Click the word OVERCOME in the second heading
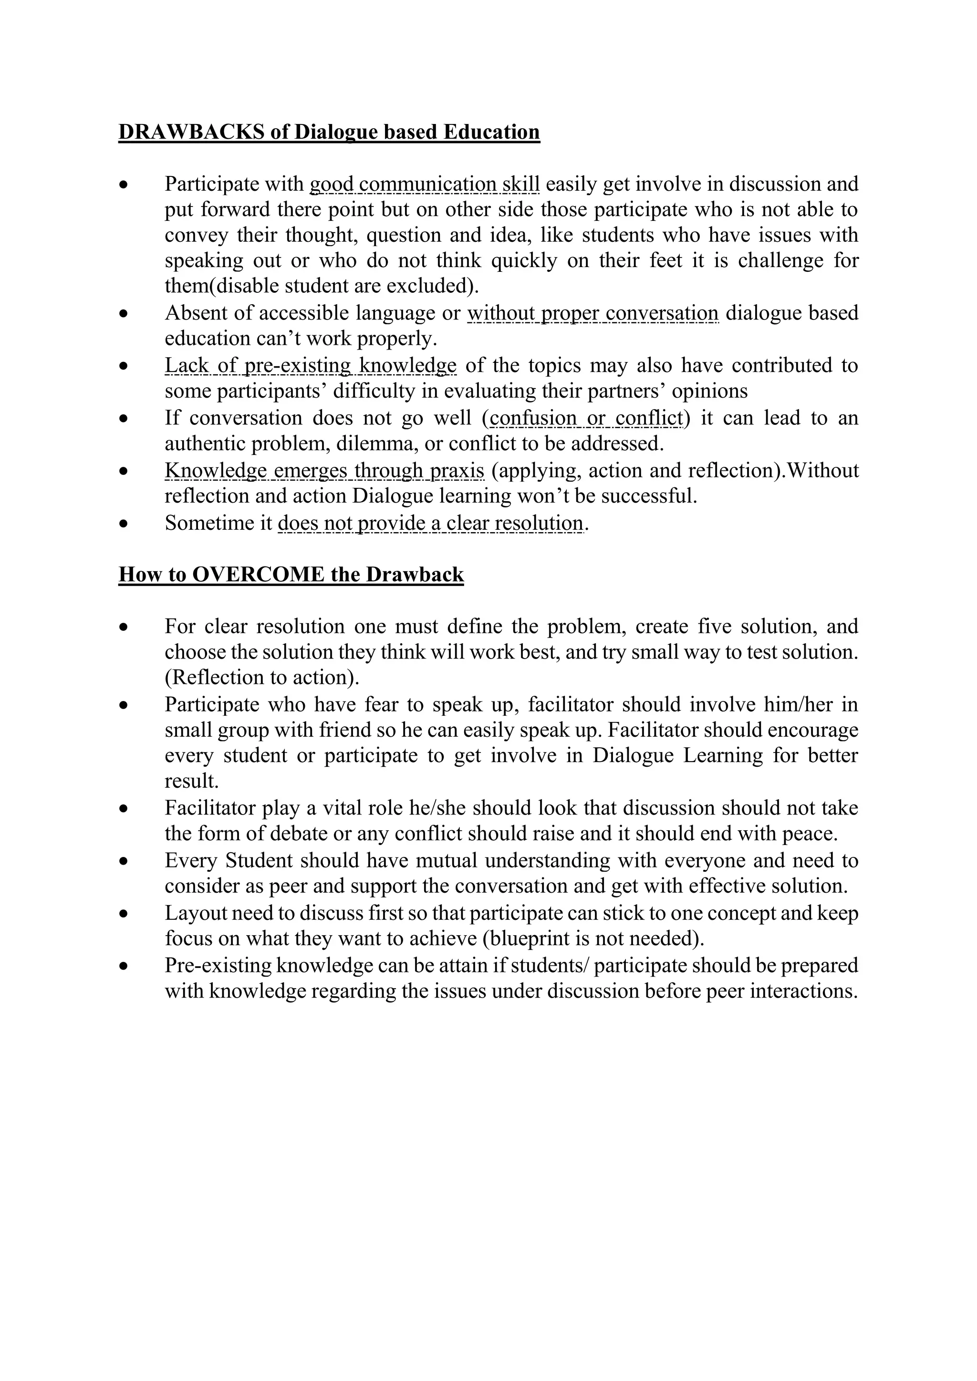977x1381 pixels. tap(260, 575)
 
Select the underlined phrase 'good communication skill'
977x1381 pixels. tap(424, 184)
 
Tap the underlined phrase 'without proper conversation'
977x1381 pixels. tap(592, 313)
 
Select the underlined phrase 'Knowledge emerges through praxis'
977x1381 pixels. tap(324, 470)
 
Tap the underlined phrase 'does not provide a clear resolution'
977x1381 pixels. tap(430, 523)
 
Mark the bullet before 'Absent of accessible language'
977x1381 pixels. tap(124, 314)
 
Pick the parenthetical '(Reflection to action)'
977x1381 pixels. tap(262, 677)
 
